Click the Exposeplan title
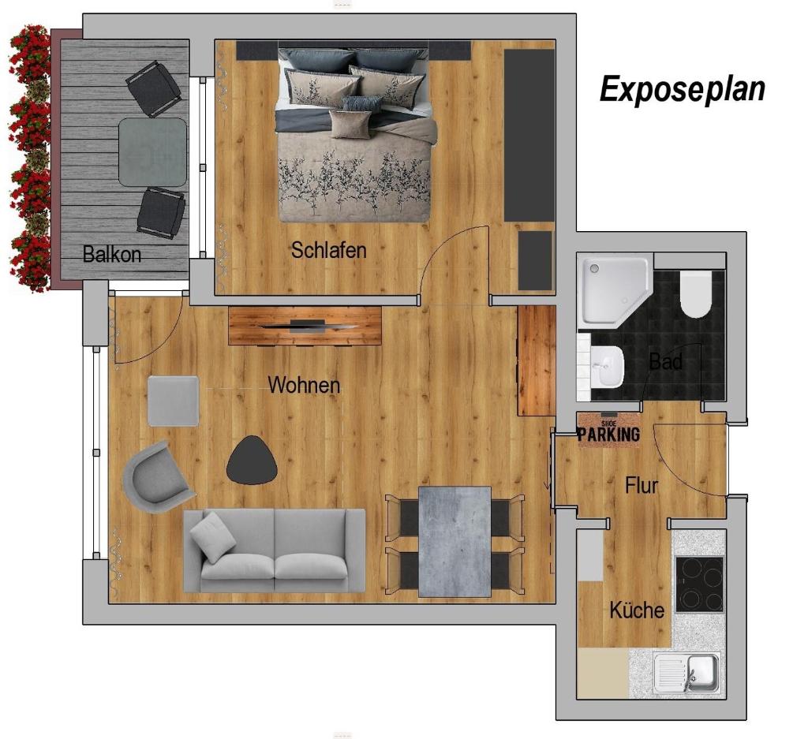(683, 89)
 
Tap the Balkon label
(112, 255)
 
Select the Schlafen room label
(329, 250)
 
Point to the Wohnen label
(304, 385)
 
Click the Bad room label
(666, 361)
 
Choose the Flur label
(642, 485)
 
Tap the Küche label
(637, 610)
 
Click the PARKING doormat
(608, 430)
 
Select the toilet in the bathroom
(695, 294)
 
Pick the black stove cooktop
(699, 584)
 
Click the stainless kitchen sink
(687, 672)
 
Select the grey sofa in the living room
(274, 551)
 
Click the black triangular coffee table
(252, 461)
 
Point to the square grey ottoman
(173, 401)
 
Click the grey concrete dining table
(454, 542)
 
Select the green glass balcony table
(152, 152)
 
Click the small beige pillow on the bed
(350, 124)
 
